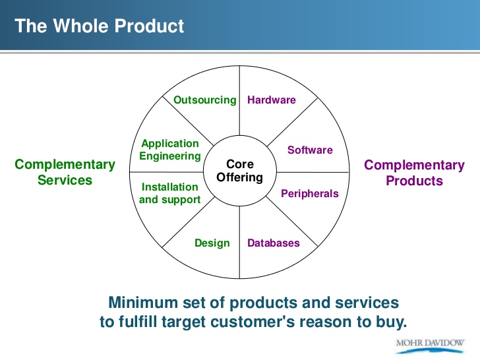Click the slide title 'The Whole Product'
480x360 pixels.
[x=99, y=26]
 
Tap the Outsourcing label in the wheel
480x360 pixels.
[x=204, y=100]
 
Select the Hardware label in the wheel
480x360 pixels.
[x=272, y=100]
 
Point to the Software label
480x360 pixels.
[x=310, y=150]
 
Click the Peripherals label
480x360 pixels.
[x=310, y=194]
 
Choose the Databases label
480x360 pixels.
[x=274, y=243]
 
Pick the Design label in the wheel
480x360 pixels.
[x=212, y=243]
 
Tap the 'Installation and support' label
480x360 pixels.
[x=170, y=193]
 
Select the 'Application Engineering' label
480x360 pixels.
[x=170, y=150]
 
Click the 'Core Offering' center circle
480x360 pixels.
[x=240, y=171]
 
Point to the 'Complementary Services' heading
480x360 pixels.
[x=65, y=172]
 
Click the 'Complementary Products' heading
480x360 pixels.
[x=414, y=172]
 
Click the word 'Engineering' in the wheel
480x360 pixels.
[x=170, y=156]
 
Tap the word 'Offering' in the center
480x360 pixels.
[x=240, y=177]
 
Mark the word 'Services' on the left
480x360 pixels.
[x=65, y=180]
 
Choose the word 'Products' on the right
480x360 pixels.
[x=414, y=180]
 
